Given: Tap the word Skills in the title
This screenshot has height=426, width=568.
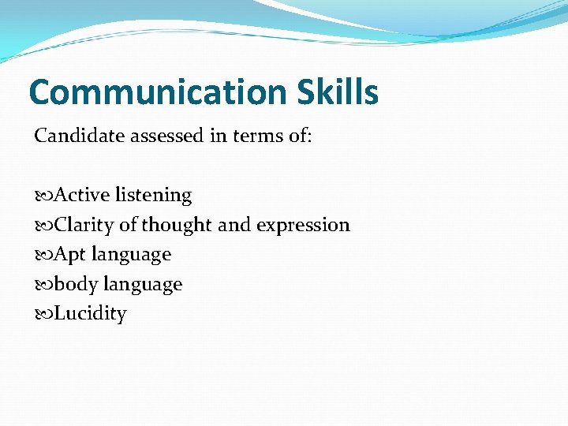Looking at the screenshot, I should (338, 93).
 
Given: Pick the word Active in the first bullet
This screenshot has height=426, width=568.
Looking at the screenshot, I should (82, 195).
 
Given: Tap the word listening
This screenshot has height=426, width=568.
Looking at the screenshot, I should (153, 195).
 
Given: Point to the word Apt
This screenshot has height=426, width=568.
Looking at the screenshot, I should (69, 255).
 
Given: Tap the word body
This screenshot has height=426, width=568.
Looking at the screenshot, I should (74, 284).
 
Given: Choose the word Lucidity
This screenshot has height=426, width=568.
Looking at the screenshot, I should (90, 314).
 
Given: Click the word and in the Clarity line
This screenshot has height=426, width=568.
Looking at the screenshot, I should (234, 225).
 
